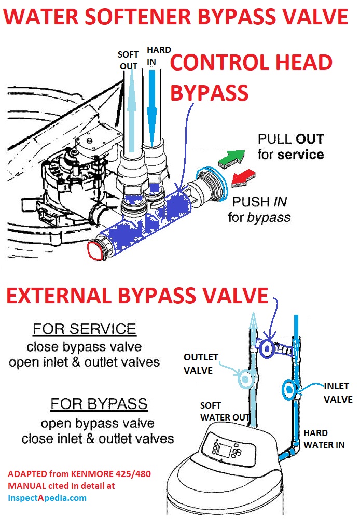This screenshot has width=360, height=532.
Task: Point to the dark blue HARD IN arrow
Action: tap(152, 109)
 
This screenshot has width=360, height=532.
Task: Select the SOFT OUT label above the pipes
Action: tap(128, 60)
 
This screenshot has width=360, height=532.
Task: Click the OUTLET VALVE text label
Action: tap(201, 364)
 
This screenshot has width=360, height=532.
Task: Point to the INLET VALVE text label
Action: tap(338, 393)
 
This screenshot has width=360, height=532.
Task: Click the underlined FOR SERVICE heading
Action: tap(84, 329)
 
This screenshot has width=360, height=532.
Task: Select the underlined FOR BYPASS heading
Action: tap(99, 404)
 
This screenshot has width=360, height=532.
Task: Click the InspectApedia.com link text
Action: tap(47, 497)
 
